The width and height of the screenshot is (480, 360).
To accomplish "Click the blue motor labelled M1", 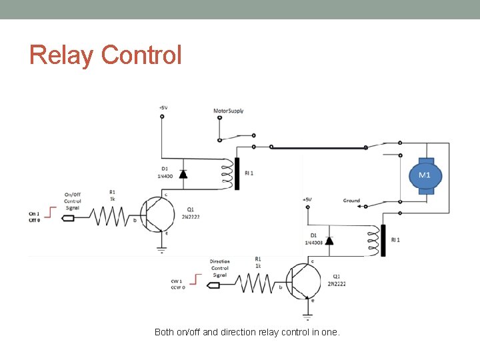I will pyautogui.click(x=424, y=175).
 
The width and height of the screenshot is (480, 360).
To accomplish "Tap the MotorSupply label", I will pyautogui.click(x=229, y=111).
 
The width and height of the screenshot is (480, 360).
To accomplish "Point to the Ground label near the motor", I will pyautogui.click(x=351, y=200).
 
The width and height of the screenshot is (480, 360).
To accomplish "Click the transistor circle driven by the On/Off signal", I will pyautogui.click(x=161, y=213).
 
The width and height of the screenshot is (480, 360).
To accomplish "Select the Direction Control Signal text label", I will pyautogui.click(x=219, y=268).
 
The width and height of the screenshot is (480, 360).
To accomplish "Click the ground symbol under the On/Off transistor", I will pyautogui.click(x=161, y=251).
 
